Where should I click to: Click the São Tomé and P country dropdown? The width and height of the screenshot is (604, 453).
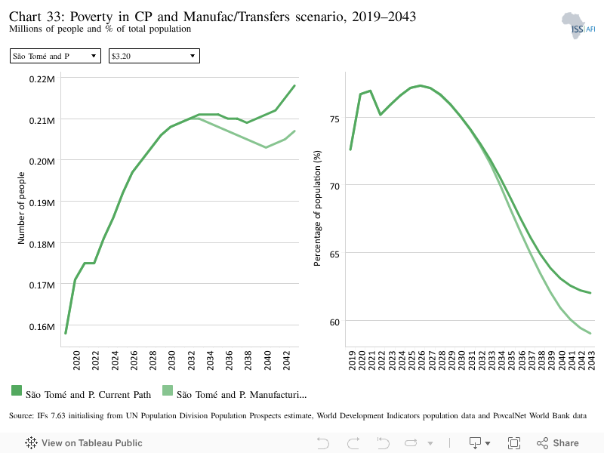tap(55, 56)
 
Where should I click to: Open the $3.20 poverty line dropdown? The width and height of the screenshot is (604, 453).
tap(154, 56)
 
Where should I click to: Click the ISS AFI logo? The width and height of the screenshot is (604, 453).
tap(578, 26)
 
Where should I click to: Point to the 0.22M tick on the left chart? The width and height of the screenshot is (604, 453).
tap(42, 79)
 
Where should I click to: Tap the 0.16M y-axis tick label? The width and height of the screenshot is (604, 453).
tap(42, 327)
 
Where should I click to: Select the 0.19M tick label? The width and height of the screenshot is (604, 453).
tap(42, 202)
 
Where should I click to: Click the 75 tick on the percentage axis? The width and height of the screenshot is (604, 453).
tap(334, 119)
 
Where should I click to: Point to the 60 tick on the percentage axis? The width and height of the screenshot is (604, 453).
tap(334, 322)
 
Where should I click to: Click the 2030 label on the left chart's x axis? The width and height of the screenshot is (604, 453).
tap(172, 360)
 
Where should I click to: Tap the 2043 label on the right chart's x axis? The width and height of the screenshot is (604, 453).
tap(591, 360)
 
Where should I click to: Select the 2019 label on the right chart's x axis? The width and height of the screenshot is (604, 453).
tap(352, 360)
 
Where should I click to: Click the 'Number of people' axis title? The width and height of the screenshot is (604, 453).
tap(21, 208)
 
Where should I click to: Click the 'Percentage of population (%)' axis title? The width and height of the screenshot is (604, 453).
tap(317, 208)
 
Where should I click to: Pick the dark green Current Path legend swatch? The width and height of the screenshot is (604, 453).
tap(17, 390)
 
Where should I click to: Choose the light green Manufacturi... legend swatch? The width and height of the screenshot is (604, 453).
tap(168, 390)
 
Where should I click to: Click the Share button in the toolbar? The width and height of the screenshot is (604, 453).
tap(558, 443)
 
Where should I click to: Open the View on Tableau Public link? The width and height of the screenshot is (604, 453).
tap(84, 443)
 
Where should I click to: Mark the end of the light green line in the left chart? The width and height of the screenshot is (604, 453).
tap(294, 131)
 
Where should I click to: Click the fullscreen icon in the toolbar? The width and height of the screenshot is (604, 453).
tap(514, 443)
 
